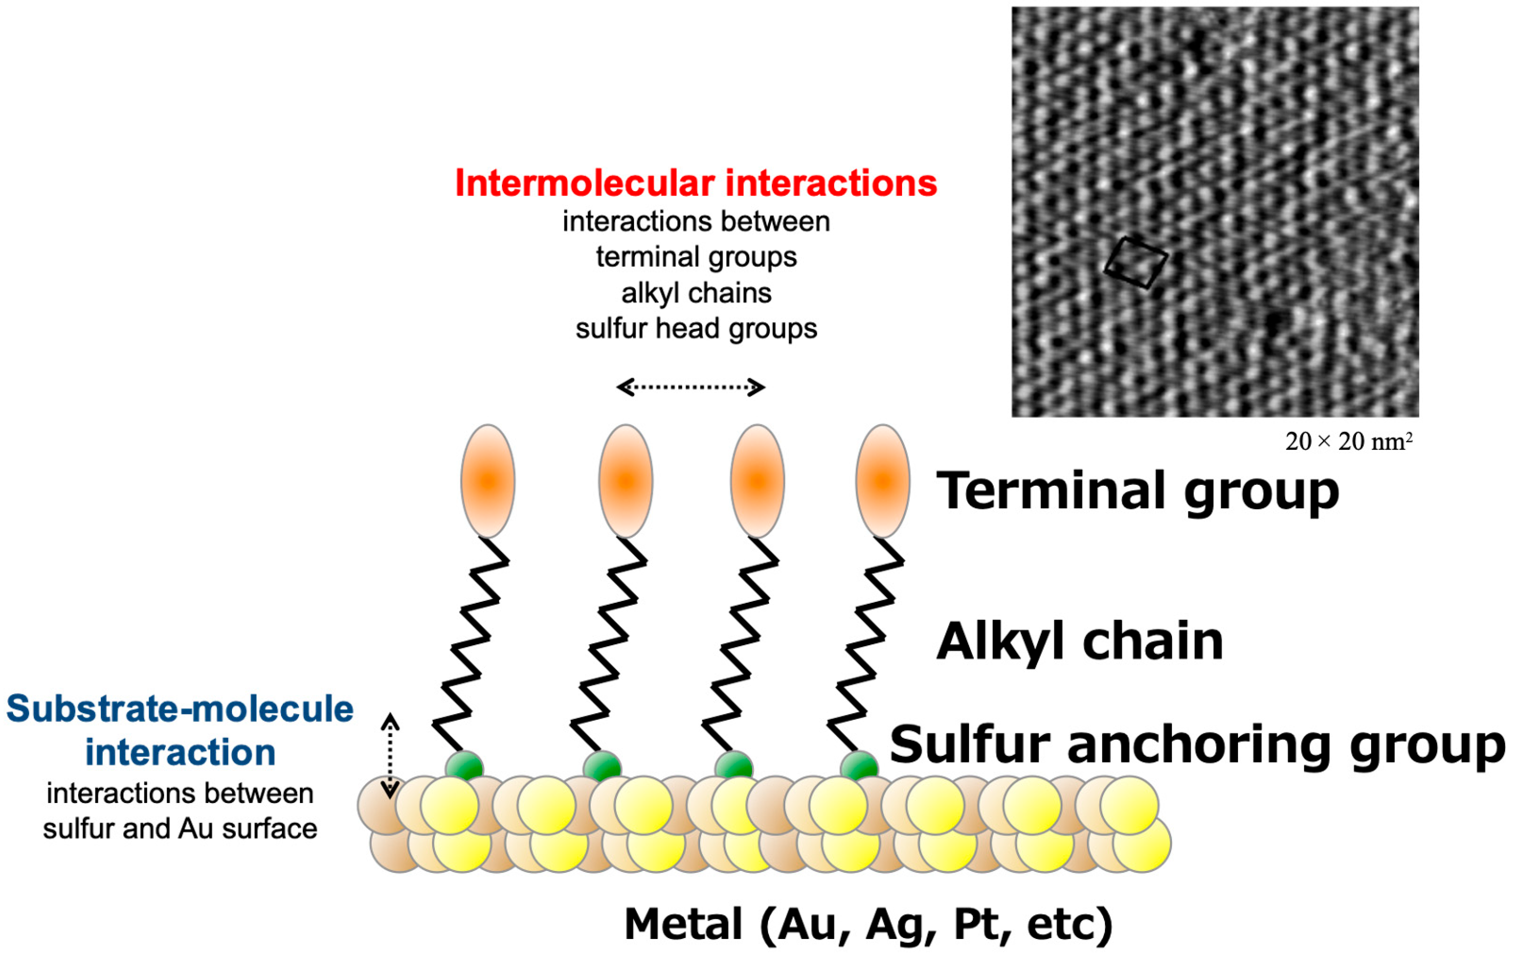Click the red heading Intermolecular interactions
695,183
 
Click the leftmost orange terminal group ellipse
487,481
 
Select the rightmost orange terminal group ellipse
882,481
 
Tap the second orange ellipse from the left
625,481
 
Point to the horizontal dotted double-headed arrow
690,387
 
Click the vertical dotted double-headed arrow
390,755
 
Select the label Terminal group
1138,491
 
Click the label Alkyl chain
1079,642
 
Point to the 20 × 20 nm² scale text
1348,442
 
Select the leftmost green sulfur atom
464,765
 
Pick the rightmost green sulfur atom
859,765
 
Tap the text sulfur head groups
696,328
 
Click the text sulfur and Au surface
180,828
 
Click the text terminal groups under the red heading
696,257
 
